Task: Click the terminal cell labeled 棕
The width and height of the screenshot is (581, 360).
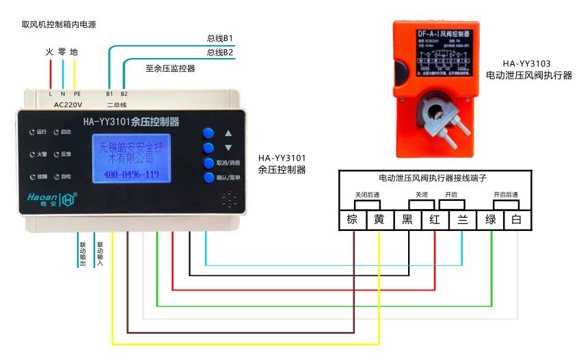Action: click(353, 220)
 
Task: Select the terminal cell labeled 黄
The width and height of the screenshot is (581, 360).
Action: click(379, 220)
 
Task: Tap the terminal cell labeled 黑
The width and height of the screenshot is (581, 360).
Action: click(407, 220)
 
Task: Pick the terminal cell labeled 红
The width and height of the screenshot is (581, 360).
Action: click(435, 220)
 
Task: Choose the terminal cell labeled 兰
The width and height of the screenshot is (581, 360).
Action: click(462, 220)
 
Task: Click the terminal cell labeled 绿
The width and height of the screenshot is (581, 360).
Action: click(490, 220)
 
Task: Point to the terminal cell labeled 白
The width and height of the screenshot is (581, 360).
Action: click(516, 220)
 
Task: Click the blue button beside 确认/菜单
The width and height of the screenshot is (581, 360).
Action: click(208, 178)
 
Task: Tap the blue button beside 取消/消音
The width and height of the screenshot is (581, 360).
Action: click(208, 163)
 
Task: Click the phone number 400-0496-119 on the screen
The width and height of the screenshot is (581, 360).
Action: click(131, 175)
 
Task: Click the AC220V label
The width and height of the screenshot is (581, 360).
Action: click(68, 105)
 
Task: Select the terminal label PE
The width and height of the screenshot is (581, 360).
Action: click(77, 93)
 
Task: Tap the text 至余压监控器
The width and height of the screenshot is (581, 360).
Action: click(170, 68)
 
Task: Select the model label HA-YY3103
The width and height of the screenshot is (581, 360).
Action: click(526, 64)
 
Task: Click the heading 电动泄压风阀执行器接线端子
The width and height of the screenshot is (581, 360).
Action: click(432, 177)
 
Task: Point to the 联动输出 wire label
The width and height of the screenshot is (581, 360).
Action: click(82, 253)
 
